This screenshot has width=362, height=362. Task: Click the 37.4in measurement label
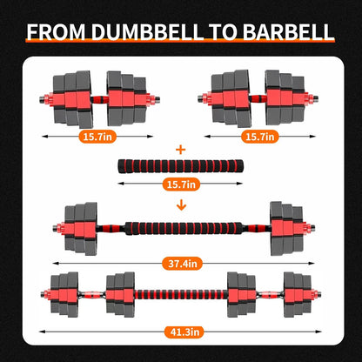click(x=182, y=261)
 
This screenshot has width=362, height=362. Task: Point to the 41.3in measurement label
click(x=182, y=332)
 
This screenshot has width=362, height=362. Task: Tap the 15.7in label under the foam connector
click(x=182, y=184)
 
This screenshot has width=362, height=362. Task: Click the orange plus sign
click(x=181, y=149)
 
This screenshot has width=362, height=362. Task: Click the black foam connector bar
click(x=181, y=166)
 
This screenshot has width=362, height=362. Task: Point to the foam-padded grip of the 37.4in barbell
click(x=181, y=231)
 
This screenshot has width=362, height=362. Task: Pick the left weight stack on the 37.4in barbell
click(x=83, y=231)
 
